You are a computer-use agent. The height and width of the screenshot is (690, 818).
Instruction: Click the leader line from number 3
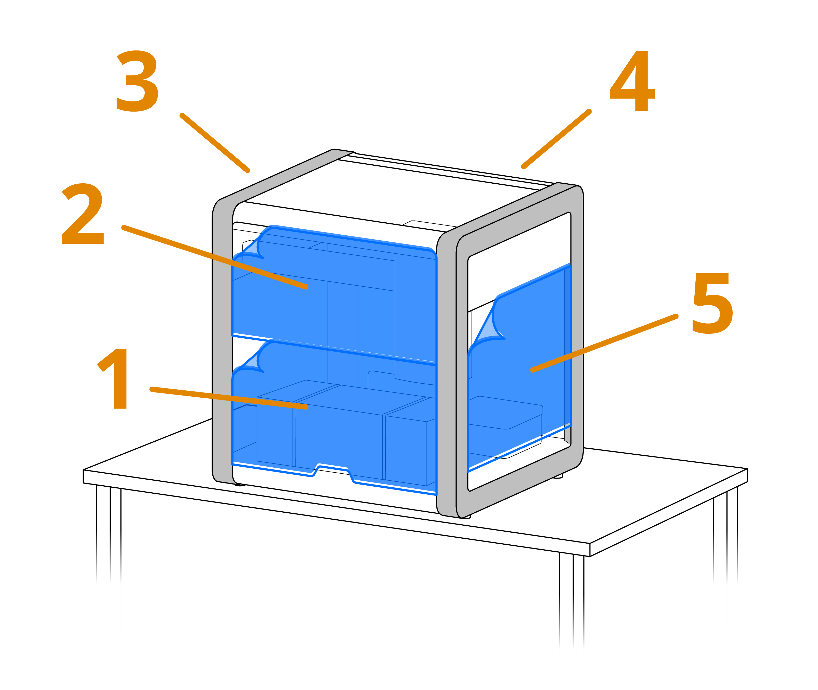[x=214, y=142]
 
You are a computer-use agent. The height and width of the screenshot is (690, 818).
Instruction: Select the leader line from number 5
[x=604, y=343]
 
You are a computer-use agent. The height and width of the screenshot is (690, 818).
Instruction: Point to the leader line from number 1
[x=229, y=398]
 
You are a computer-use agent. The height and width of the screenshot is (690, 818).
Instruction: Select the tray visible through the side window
[x=505, y=415]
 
